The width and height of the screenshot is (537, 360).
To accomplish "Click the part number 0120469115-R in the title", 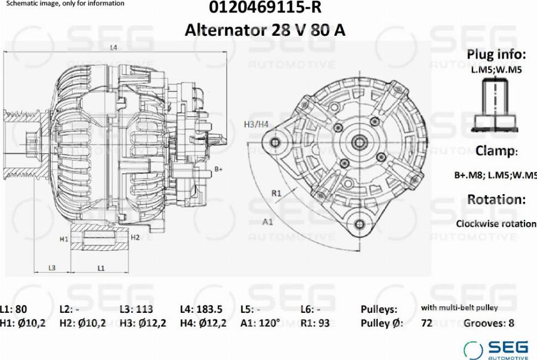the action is point(265,7).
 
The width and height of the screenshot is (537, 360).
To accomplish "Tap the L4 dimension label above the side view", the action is point(114,48).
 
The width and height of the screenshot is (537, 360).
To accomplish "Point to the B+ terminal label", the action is point(218,169).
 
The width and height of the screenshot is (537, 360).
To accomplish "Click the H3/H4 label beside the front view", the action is point(256,124).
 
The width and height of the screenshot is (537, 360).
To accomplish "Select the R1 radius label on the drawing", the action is point(276,193).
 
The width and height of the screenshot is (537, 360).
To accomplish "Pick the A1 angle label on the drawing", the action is point(267,222).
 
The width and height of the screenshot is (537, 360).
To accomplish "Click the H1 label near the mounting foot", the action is point(64,239).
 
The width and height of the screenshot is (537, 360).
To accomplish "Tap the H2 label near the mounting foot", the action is point(135,238).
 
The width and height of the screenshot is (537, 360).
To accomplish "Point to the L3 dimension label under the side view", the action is point(52,268).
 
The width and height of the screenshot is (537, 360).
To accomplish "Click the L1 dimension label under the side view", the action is point(101,268).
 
